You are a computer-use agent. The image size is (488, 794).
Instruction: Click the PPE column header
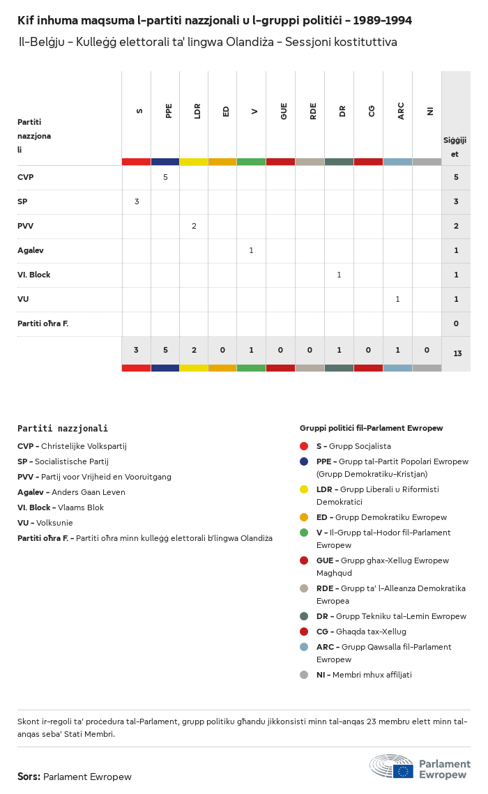[169, 111]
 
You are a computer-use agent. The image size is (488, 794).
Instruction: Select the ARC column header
[401, 111]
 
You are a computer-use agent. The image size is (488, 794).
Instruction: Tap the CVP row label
[26, 177]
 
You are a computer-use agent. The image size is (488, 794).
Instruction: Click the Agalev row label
[31, 250]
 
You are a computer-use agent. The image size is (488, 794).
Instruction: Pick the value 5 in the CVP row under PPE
[165, 177]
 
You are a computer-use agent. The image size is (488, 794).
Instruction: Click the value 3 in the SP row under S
[137, 201]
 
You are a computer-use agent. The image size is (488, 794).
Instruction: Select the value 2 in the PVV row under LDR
[194, 226]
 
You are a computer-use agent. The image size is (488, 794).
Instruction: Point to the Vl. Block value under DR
[339, 275]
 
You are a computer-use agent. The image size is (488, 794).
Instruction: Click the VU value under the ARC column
[397, 299]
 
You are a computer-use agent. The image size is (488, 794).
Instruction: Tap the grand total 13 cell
[457, 353]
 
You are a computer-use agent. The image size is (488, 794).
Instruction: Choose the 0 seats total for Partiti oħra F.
[456, 323]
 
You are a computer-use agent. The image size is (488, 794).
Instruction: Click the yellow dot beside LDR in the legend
[304, 489]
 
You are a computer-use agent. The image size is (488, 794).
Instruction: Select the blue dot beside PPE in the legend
[304, 461]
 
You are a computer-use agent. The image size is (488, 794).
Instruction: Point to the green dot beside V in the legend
[304, 533]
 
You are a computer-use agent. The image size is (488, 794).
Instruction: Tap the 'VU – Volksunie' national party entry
[45, 523]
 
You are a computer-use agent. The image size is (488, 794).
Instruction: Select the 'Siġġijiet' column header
[455, 147]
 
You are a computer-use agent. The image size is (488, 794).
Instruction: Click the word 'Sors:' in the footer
[29, 777]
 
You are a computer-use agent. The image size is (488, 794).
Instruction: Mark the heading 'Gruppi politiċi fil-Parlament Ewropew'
[371, 428]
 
